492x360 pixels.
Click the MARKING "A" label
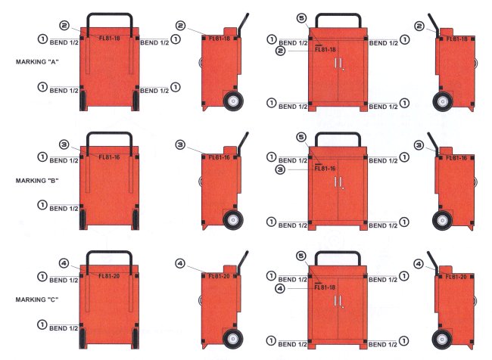(37, 62)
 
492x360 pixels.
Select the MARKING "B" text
(37, 181)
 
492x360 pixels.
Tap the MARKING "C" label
(37, 299)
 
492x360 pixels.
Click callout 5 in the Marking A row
(301, 18)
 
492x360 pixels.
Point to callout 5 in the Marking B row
(301, 137)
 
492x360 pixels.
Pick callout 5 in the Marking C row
(301, 256)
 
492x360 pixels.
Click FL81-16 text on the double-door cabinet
(325, 169)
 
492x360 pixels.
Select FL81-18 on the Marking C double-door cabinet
(325, 287)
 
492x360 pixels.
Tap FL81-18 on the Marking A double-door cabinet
(325, 50)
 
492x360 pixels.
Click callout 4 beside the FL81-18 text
(280, 288)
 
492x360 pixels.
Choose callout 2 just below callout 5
(281, 50)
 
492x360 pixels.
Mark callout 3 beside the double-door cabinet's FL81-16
(281, 169)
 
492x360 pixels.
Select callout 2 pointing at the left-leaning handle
(419, 26)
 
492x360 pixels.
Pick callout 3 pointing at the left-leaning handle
(419, 145)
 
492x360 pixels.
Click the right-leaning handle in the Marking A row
(243, 26)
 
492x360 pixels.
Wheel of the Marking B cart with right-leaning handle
(233, 220)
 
